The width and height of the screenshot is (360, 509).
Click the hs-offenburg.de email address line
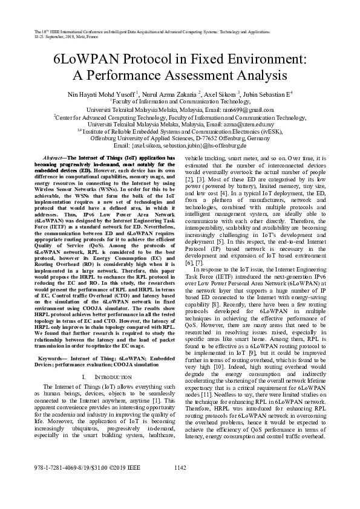pos(180,145)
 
